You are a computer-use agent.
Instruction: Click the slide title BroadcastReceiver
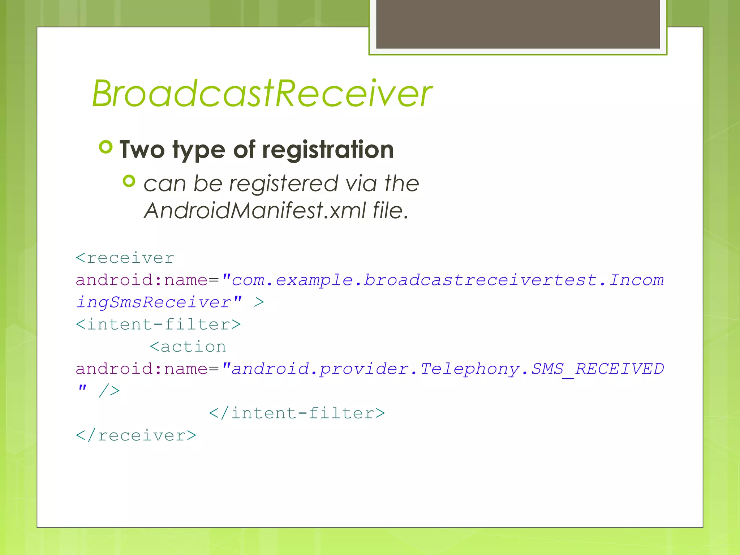(262, 94)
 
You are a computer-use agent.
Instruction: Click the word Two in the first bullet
(142, 150)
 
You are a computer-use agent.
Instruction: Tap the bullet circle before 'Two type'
(106, 147)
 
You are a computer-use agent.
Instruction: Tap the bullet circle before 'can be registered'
(129, 181)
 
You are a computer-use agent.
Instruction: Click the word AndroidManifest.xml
(255, 210)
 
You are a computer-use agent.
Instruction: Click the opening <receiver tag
(125, 258)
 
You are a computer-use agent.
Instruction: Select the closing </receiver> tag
(136, 435)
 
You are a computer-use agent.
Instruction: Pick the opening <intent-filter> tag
(158, 324)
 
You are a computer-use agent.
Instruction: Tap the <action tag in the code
(188, 347)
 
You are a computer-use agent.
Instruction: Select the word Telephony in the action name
(470, 369)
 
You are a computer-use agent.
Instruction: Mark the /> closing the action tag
(109, 391)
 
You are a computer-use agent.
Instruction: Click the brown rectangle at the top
(518, 24)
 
